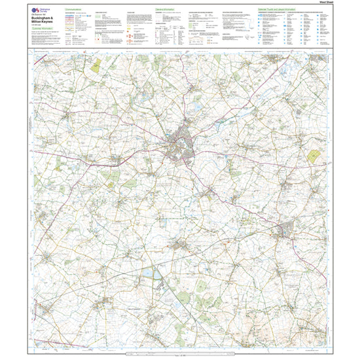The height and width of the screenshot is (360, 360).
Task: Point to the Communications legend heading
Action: [x=77, y=10]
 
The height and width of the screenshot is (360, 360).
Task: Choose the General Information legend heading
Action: [x=166, y=10]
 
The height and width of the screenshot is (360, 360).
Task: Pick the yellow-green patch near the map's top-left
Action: [x=96, y=65]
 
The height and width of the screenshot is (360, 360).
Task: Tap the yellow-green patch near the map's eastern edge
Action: [x=314, y=156]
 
